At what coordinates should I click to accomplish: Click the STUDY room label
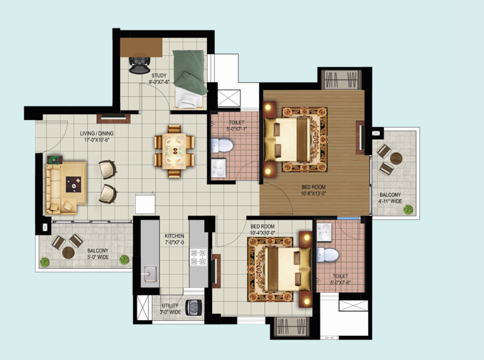click(159, 75)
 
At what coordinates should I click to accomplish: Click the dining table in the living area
click(174, 151)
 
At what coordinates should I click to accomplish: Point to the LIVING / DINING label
click(97, 133)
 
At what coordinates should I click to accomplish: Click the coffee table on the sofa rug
click(73, 184)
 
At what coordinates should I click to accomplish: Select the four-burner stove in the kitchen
click(199, 257)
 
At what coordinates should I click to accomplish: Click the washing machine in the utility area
click(194, 308)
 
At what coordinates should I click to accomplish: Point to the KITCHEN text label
click(174, 236)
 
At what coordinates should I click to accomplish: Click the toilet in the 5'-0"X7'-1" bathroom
click(222, 145)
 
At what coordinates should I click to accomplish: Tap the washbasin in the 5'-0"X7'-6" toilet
click(324, 232)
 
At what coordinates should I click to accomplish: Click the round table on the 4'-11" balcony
click(396, 158)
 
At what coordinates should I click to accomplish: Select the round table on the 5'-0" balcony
click(68, 253)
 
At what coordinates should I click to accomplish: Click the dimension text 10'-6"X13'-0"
click(313, 194)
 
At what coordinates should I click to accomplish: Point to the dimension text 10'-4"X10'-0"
click(262, 233)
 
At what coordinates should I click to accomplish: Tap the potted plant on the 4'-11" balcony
click(408, 210)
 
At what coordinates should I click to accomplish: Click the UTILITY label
click(170, 306)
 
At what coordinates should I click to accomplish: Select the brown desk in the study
click(141, 47)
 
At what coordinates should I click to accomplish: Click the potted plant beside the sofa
click(55, 159)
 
